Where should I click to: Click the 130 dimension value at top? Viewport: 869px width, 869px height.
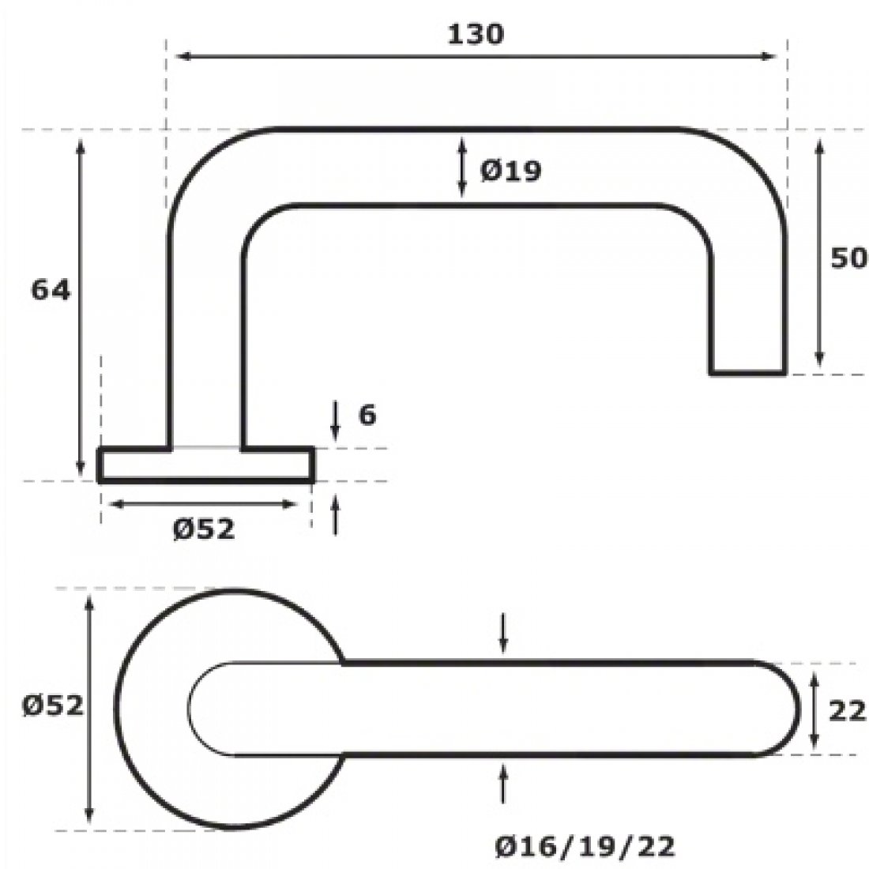476,34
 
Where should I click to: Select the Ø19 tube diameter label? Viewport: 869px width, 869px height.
510,170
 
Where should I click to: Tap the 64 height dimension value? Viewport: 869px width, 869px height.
51,291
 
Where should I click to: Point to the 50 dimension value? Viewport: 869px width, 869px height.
848,259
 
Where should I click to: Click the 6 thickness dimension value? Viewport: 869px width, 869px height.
367,416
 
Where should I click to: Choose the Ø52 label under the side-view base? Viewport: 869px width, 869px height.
203,529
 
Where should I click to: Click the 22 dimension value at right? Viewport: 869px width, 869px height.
848,712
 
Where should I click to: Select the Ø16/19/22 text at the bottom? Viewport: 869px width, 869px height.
585,848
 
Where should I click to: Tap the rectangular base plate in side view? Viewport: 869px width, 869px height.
206,465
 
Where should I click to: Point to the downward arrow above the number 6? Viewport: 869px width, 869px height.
336,421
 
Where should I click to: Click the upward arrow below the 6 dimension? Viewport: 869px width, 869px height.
336,513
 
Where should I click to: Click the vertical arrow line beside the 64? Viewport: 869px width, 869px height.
80,304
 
